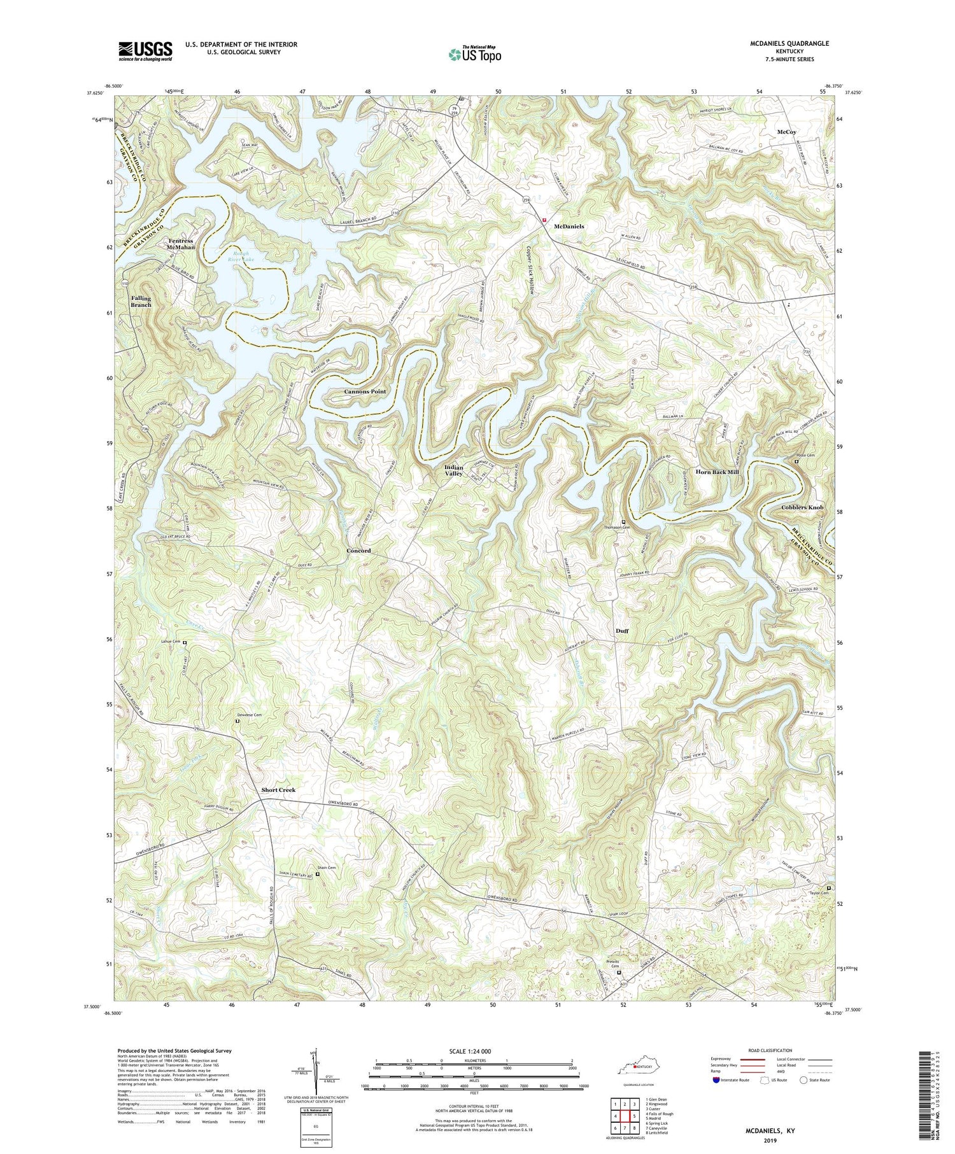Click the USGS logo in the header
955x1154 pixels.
(x=145, y=51)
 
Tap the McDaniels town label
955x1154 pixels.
(x=569, y=226)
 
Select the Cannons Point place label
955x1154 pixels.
(x=365, y=391)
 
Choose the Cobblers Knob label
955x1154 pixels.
(x=802, y=507)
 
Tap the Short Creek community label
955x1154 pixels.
(x=278, y=790)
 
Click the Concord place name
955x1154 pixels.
(x=358, y=551)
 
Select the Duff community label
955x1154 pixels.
(x=622, y=631)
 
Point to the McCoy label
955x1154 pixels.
(x=787, y=132)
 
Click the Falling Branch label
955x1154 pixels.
(x=141, y=301)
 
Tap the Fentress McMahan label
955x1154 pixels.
(x=181, y=244)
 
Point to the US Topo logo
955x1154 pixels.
(x=474, y=54)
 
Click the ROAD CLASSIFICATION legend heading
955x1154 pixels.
(x=770, y=1050)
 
